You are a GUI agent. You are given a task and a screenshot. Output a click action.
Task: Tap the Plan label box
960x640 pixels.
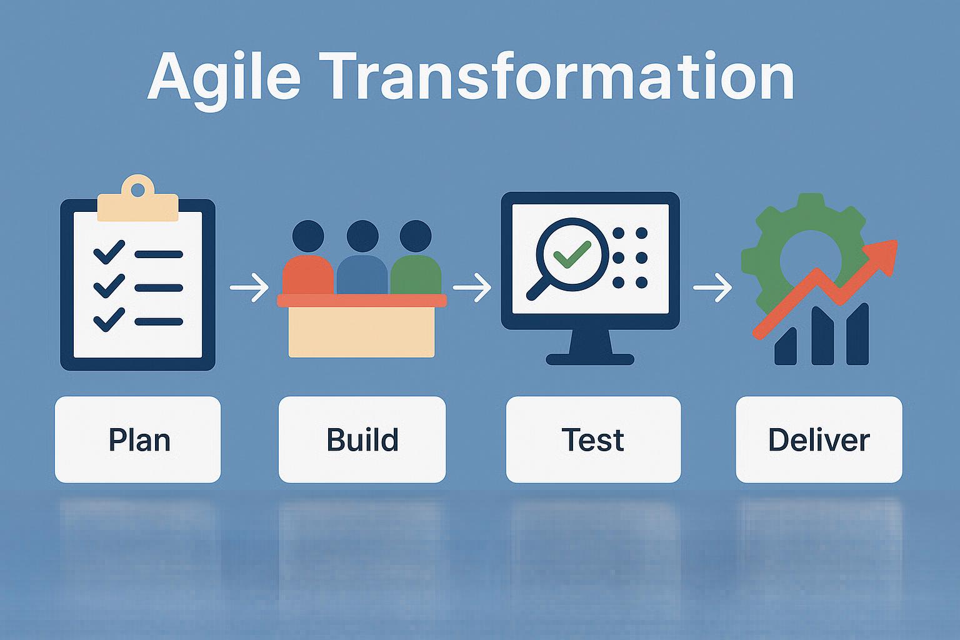point(138,439)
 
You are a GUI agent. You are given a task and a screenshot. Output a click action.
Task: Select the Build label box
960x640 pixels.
point(362,439)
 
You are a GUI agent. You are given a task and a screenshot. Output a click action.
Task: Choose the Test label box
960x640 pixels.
point(594,439)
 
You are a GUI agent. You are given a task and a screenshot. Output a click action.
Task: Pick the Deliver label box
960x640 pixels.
point(819,439)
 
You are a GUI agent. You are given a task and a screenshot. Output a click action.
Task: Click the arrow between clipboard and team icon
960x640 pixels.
point(249,287)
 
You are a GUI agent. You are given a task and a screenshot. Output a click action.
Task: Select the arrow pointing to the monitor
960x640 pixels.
point(472,287)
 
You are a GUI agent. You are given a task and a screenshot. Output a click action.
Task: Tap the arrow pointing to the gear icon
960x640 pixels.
point(712,287)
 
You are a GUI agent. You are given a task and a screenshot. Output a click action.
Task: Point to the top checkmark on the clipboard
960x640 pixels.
point(109,252)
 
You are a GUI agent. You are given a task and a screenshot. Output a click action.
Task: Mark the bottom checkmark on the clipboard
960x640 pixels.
point(109,320)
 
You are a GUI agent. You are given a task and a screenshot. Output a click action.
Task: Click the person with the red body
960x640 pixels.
point(307,257)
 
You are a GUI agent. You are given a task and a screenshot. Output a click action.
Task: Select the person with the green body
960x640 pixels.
point(416,257)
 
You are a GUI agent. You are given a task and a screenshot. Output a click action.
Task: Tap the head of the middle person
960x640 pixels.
point(362,236)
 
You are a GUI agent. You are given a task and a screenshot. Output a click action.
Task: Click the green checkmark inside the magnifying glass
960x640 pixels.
point(572,254)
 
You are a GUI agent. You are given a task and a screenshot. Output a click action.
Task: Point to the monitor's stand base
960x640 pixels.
point(590,359)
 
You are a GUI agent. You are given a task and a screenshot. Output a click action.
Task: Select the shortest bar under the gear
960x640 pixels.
point(786,346)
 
